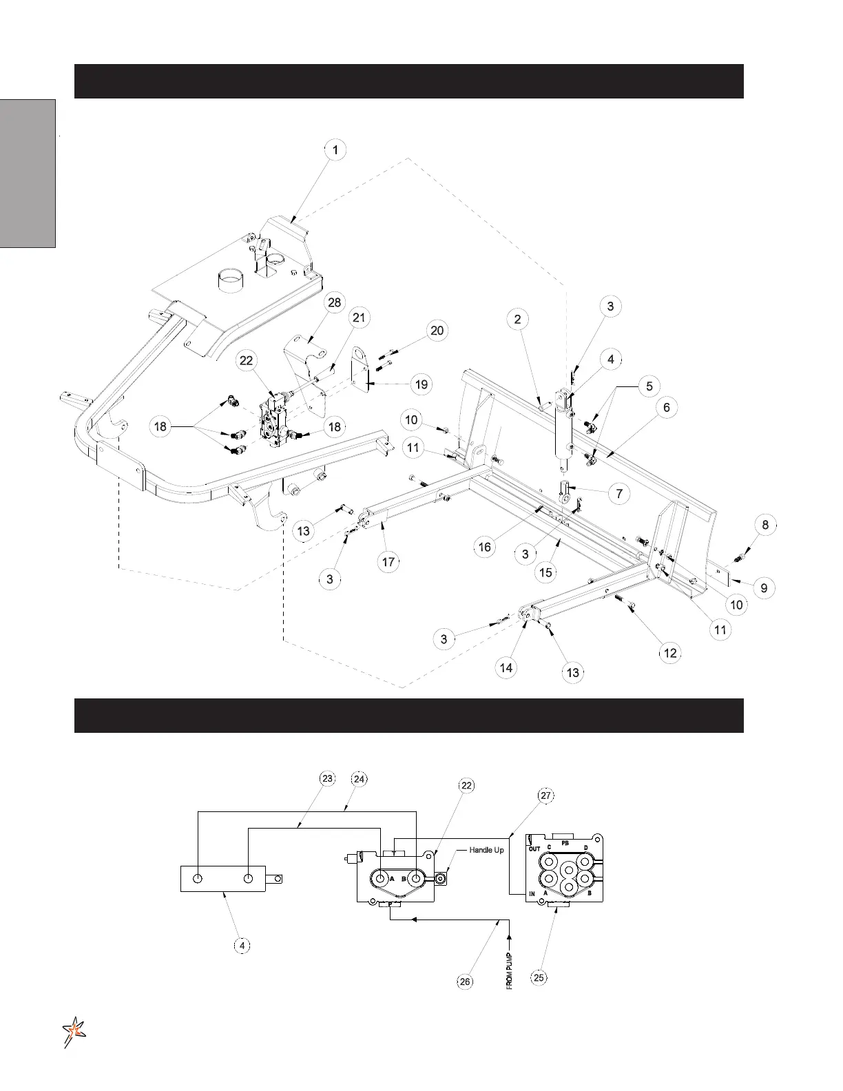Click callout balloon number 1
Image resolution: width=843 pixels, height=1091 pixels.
coord(335,150)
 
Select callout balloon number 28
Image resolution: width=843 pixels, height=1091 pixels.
coord(334,304)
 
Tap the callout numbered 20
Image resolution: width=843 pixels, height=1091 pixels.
coord(437,331)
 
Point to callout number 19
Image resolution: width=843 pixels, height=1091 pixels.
coord(421,384)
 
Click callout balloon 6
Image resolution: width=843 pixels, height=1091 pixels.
coord(666,408)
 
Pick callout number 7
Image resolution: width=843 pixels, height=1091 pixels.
coord(618,494)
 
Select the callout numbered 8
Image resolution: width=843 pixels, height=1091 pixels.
coord(765,525)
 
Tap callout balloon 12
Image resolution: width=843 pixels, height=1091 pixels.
coord(670,653)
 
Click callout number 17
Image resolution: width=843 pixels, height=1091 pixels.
coord(388,562)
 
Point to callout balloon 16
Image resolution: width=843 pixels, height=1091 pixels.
coord(485,547)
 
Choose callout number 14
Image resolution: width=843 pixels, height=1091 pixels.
coord(506,667)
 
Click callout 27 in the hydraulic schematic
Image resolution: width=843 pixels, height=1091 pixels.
coord(545,796)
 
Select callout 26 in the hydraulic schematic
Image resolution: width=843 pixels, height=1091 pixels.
coord(466,981)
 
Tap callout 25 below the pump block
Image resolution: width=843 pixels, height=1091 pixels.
coord(539,977)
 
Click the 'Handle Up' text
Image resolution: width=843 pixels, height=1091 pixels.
coord(486,851)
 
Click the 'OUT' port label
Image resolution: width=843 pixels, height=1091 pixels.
coord(534,849)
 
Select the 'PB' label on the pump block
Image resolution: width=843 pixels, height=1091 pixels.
coord(565,842)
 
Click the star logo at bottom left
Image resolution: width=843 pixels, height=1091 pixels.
coord(73,1032)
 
